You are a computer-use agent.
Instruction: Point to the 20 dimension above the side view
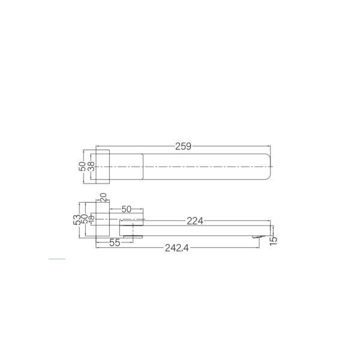point(103,197)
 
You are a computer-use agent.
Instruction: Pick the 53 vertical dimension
point(76,221)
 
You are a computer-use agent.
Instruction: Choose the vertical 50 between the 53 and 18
point(84,221)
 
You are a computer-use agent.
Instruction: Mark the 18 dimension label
point(91,221)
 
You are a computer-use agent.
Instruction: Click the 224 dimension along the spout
point(194,221)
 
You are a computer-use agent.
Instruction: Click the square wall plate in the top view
point(103,165)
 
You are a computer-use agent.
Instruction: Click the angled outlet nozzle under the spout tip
point(257,239)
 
